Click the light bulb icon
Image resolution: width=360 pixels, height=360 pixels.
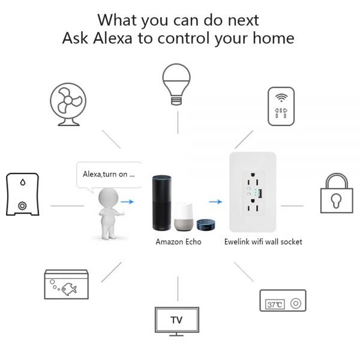pos(176,84)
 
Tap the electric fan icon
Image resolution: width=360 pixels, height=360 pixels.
pos(68,104)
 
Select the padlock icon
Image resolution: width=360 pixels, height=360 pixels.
pos(337,193)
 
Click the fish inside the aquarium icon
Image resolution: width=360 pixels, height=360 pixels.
pos(69,289)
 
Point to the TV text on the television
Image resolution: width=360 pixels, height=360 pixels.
pos(176,320)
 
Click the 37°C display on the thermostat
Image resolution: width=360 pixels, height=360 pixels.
pos(275,304)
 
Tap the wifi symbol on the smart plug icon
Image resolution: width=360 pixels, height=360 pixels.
pos(281,97)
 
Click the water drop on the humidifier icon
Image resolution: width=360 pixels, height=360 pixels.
pos(23,182)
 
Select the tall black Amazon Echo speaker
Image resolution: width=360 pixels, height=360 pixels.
pos(161,203)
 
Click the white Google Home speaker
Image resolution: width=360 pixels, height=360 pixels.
pos(184,217)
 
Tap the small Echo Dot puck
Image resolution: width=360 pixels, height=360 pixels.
pos(206,224)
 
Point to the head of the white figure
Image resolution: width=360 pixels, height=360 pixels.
pos(109,197)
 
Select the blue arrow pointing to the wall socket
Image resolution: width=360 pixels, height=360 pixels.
pos(215,202)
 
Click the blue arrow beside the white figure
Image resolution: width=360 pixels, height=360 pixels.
pos(127,202)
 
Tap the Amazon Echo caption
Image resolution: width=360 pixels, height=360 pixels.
pos(178,242)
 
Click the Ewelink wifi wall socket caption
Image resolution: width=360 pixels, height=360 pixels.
pos(263,242)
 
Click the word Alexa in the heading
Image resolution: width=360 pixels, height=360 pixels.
pos(113,38)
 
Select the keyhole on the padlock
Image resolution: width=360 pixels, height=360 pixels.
pos(336,200)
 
